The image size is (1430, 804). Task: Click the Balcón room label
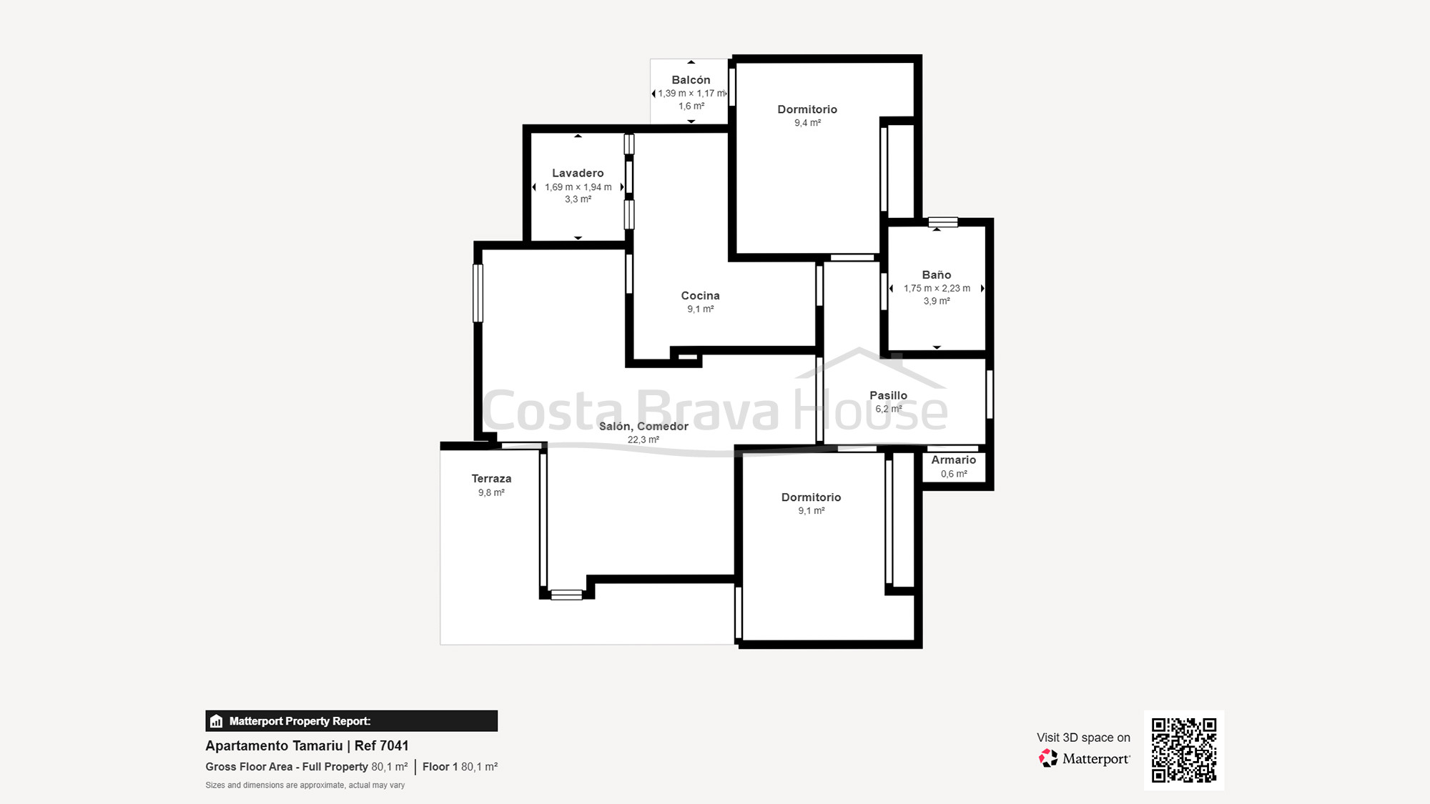point(691,80)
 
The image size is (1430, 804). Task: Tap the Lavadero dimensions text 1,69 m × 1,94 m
point(578,187)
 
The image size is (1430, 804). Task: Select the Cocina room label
point(700,296)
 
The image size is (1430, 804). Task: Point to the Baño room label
point(936,275)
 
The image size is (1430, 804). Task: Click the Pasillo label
point(888,395)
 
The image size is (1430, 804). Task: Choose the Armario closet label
point(953,460)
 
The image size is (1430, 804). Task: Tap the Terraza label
point(491,479)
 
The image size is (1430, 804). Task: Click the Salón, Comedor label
point(643,427)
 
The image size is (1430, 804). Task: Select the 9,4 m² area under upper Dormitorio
point(807,123)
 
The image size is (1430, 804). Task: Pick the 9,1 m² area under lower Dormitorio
point(811,511)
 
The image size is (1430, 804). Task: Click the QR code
point(1183,750)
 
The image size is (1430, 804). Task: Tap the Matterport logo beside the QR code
point(1084,758)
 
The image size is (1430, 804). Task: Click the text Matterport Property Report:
point(300,721)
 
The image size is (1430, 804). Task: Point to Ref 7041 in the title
point(381,745)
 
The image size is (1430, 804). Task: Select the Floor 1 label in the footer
point(440,767)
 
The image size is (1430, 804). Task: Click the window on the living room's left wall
point(478,293)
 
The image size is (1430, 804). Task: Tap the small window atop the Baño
point(942,222)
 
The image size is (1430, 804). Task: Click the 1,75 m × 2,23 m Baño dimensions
point(937,289)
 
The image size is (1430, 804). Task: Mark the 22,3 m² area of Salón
point(643,440)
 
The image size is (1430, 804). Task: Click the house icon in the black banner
point(217,721)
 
